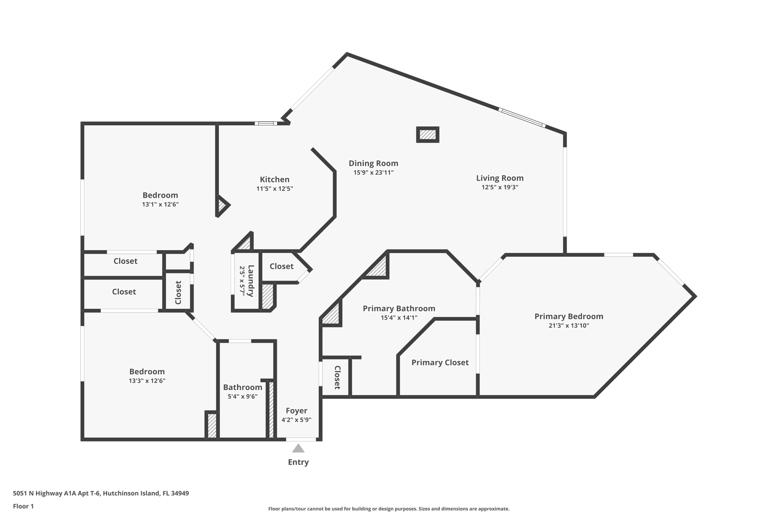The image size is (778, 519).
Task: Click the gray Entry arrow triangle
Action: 298,449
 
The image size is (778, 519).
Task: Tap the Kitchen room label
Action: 275,179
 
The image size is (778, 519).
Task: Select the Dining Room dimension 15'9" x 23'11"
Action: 373,173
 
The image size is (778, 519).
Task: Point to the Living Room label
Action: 500,178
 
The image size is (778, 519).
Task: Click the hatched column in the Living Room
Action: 428,135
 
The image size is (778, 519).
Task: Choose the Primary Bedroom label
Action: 569,316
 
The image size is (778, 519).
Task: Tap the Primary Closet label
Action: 440,362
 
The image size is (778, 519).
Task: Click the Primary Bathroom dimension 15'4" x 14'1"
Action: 399,317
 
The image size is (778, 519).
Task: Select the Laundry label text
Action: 251,281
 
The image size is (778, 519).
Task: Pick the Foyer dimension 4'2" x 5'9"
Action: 296,420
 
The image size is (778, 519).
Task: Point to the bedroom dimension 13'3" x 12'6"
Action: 147,381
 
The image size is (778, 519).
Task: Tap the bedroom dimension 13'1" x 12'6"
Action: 160,204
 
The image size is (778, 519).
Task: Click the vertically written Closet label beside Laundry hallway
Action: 178,292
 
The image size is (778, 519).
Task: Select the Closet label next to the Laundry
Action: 281,267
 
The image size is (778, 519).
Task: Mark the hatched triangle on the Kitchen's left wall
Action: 221,206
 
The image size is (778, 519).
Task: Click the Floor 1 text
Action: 23,506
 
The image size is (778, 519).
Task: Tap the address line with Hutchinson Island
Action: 101,493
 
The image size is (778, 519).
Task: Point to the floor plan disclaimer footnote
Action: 389,509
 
